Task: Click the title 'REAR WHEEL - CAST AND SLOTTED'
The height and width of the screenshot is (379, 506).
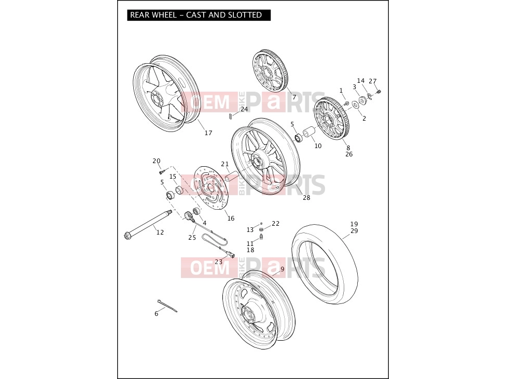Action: point(196,15)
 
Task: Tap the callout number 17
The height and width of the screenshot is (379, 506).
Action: point(208,133)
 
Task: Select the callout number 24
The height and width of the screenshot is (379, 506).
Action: point(244,109)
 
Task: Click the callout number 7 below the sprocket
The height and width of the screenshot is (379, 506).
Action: point(294,97)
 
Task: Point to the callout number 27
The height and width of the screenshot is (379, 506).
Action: point(373,81)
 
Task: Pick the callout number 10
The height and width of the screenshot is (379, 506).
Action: point(318,145)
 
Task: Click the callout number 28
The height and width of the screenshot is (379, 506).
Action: point(306,198)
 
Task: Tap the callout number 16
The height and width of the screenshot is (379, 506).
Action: point(231,218)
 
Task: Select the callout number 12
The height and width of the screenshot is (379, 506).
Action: point(160,232)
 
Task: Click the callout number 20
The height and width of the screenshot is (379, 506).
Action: point(157,161)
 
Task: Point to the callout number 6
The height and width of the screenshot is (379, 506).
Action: point(157,314)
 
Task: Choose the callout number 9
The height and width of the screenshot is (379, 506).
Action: point(283,269)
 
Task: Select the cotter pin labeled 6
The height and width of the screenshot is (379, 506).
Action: point(167,305)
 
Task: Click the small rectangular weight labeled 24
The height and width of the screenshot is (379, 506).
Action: point(230,116)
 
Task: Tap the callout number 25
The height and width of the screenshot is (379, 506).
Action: point(192,238)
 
